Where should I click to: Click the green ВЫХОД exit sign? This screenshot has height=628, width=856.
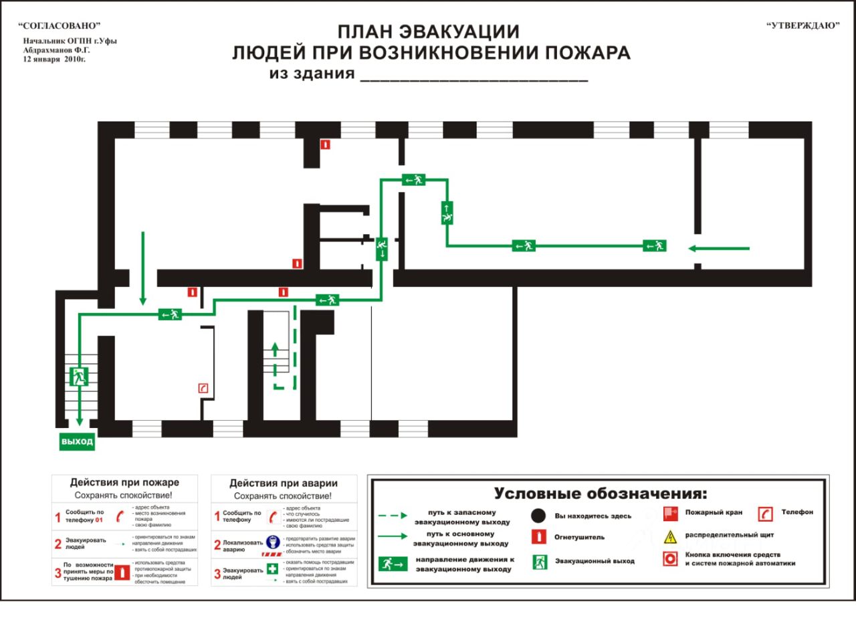pyautogui.click(x=77, y=442)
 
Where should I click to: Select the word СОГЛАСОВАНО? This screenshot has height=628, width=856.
pyautogui.click(x=60, y=25)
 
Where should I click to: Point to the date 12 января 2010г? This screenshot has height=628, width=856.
pyautogui.click(x=54, y=59)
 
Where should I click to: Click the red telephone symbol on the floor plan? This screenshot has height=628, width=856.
pyautogui.click(x=203, y=388)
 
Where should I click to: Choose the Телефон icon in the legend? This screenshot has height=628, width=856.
pyautogui.click(x=765, y=514)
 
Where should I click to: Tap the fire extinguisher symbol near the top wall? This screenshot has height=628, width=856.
pyautogui.click(x=325, y=144)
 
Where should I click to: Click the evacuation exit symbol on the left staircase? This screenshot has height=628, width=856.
pyautogui.click(x=78, y=376)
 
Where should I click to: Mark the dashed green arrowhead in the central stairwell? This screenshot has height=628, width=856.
pyautogui.click(x=274, y=348)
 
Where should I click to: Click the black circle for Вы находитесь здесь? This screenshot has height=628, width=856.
pyautogui.click(x=539, y=516)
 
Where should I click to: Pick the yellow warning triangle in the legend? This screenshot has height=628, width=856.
pyautogui.click(x=669, y=536)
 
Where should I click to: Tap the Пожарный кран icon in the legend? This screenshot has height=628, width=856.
pyautogui.click(x=670, y=514)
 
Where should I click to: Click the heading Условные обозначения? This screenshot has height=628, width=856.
pyautogui.click(x=600, y=494)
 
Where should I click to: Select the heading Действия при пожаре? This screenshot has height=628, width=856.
pyautogui.click(x=124, y=482)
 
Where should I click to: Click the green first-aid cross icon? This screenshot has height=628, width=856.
pyautogui.click(x=272, y=569)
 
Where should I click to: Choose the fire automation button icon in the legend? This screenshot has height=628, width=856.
pyautogui.click(x=669, y=559)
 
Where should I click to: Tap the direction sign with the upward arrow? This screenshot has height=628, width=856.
pyautogui.click(x=447, y=213)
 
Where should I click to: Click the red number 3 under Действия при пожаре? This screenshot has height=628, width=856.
pyautogui.click(x=58, y=573)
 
